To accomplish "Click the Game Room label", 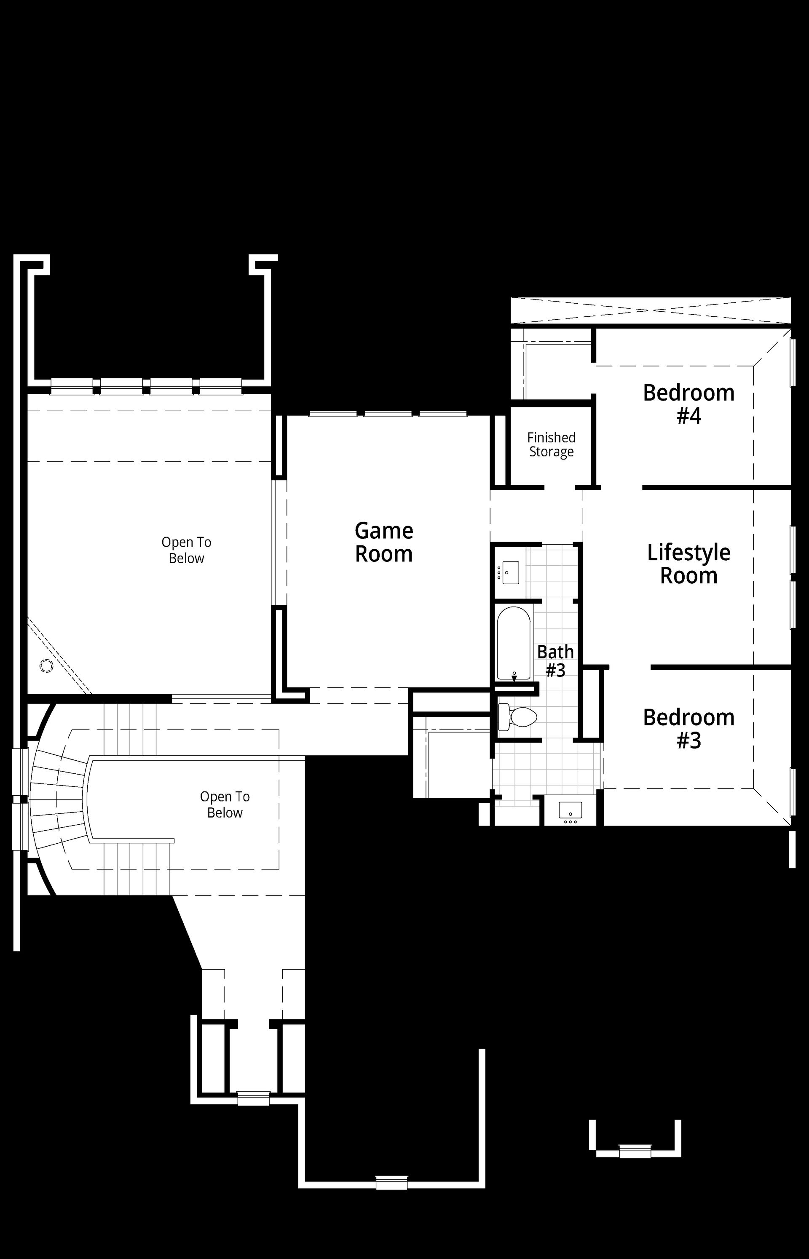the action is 384,543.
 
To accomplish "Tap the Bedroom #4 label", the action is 688,404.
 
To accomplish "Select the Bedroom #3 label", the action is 688,729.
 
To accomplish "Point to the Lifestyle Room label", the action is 688,564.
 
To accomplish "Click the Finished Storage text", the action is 551,445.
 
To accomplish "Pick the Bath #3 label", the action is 555,661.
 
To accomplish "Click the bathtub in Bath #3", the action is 514,644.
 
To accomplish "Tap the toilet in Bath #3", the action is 517,716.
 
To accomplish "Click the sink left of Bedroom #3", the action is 570,812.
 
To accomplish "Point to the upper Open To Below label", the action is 187,550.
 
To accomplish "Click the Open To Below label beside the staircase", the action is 225,805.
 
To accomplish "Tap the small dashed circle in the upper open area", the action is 46,666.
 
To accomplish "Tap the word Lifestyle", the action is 688,553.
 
